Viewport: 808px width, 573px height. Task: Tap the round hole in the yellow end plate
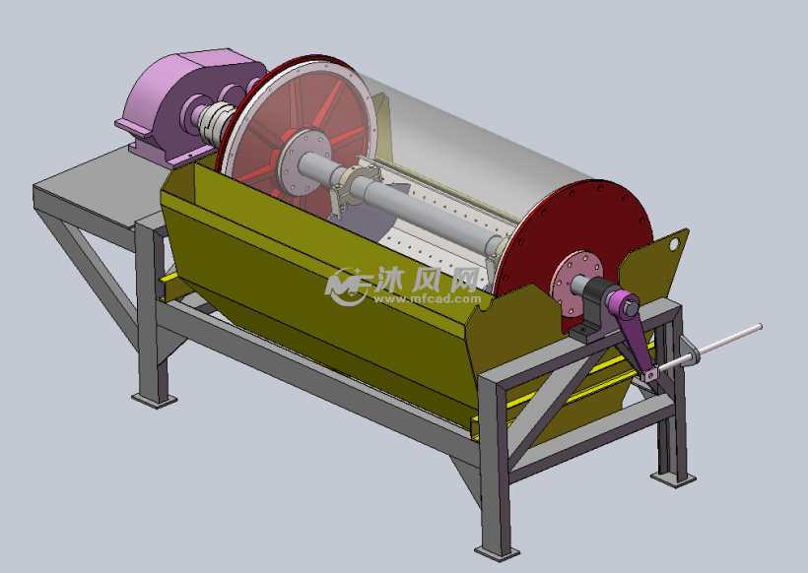click(674, 244)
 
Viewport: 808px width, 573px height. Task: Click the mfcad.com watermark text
click(427, 299)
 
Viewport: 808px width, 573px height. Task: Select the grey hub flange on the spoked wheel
click(305, 161)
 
